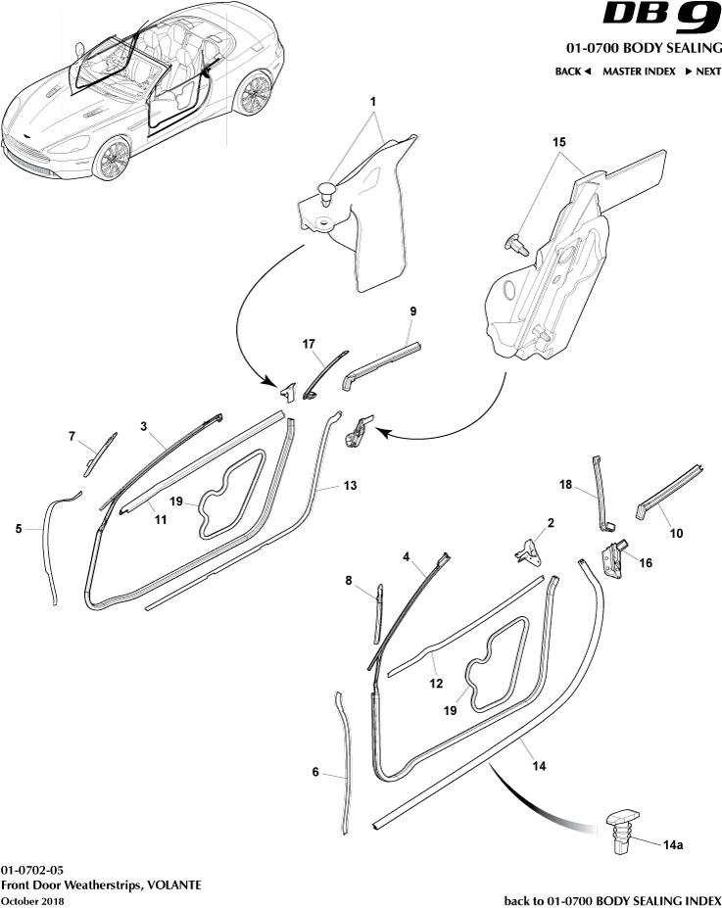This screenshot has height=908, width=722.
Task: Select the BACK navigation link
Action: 573,72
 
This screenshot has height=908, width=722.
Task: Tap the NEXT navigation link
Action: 702,72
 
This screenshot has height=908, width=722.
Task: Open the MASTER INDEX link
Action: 638,72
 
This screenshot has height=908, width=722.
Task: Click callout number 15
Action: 559,142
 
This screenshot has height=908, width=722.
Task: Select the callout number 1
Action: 372,102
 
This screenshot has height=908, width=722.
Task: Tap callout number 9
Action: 412,311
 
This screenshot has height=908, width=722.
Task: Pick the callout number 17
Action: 309,344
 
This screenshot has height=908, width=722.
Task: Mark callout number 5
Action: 19,529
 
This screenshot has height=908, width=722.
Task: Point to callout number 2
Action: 550,523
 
